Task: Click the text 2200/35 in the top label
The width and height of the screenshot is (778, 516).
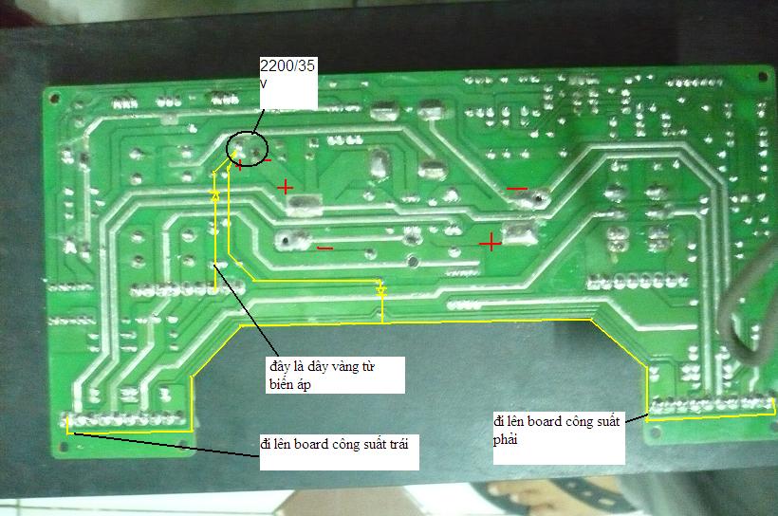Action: click(x=287, y=65)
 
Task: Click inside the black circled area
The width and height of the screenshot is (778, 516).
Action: click(x=247, y=148)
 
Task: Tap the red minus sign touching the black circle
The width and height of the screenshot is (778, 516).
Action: click(x=268, y=159)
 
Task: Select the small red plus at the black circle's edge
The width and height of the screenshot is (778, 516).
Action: click(x=240, y=165)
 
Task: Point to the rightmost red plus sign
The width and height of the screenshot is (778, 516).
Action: click(x=491, y=243)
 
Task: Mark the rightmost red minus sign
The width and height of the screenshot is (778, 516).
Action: click(x=516, y=189)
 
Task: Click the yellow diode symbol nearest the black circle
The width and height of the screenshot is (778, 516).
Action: click(x=215, y=195)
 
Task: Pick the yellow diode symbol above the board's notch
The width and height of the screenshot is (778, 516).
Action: click(x=381, y=289)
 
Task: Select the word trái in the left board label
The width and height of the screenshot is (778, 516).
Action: click(x=396, y=443)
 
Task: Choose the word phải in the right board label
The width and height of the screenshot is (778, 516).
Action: click(x=506, y=439)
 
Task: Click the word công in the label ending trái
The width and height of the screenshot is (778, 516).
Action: click(x=343, y=445)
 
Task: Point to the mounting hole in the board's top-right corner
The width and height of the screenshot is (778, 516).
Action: click(x=763, y=77)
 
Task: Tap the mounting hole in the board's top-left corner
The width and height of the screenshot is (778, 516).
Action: click(x=54, y=99)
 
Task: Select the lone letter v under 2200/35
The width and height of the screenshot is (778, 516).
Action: click(x=263, y=83)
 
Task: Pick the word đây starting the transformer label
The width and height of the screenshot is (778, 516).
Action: click(x=279, y=367)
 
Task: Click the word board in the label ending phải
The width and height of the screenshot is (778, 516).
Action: click(x=545, y=421)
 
